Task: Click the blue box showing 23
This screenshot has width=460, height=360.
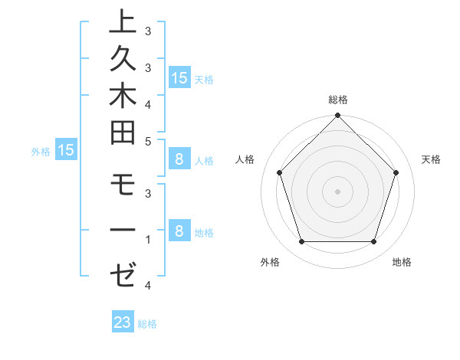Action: tap(123, 322)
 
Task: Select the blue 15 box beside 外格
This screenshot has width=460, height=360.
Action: tap(65, 151)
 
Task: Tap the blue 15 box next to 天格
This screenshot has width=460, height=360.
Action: tap(179, 78)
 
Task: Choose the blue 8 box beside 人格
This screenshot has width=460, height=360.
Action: tap(179, 160)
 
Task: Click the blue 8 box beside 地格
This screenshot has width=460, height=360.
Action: tap(179, 231)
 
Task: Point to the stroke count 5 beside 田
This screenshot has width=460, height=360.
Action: tap(147, 140)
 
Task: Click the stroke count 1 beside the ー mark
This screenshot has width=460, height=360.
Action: tap(147, 240)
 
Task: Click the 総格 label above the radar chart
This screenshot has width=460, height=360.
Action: tap(337, 100)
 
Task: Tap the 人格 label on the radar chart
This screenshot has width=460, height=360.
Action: tap(245, 159)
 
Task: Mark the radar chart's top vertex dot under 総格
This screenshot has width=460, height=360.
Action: tap(337, 117)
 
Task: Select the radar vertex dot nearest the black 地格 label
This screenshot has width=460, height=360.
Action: tap(373, 242)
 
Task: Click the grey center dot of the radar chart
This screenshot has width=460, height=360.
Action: tap(337, 191)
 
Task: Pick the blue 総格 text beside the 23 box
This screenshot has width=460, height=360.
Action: tap(147, 324)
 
